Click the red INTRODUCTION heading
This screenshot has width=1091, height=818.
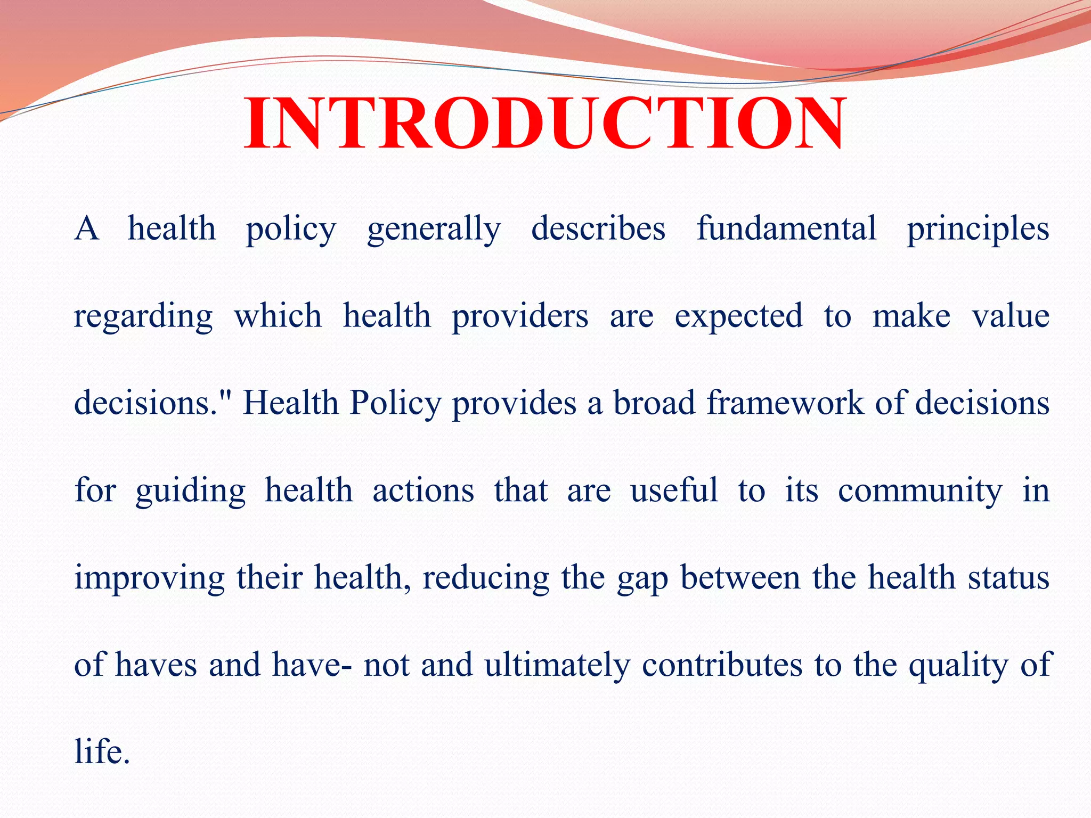click(544, 124)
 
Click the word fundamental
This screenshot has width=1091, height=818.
click(786, 229)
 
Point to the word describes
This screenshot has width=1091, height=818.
click(598, 229)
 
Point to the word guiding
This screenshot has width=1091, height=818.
click(190, 491)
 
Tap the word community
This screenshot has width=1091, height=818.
click(920, 491)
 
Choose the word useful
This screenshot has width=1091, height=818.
click(674, 490)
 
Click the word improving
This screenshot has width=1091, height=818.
click(150, 578)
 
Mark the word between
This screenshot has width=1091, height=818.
click(740, 577)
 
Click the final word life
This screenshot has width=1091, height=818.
click(101, 752)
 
